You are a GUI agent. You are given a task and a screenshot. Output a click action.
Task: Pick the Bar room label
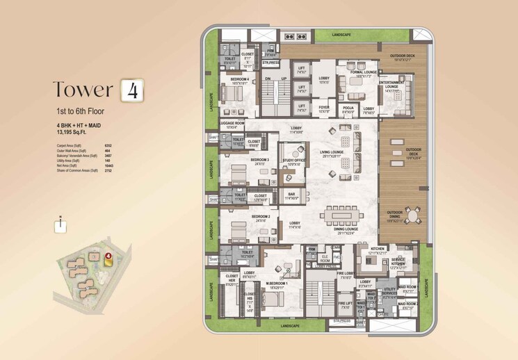pyautogui.click(x=291, y=195)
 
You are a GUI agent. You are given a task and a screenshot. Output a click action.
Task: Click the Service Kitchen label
pyautogui.click(x=398, y=261)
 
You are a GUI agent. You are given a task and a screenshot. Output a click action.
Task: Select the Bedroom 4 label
pyautogui.click(x=240, y=80)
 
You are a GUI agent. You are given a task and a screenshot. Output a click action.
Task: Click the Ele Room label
pyautogui.click(x=325, y=261)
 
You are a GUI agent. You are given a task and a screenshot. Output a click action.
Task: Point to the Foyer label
pyautogui.click(x=325, y=108)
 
